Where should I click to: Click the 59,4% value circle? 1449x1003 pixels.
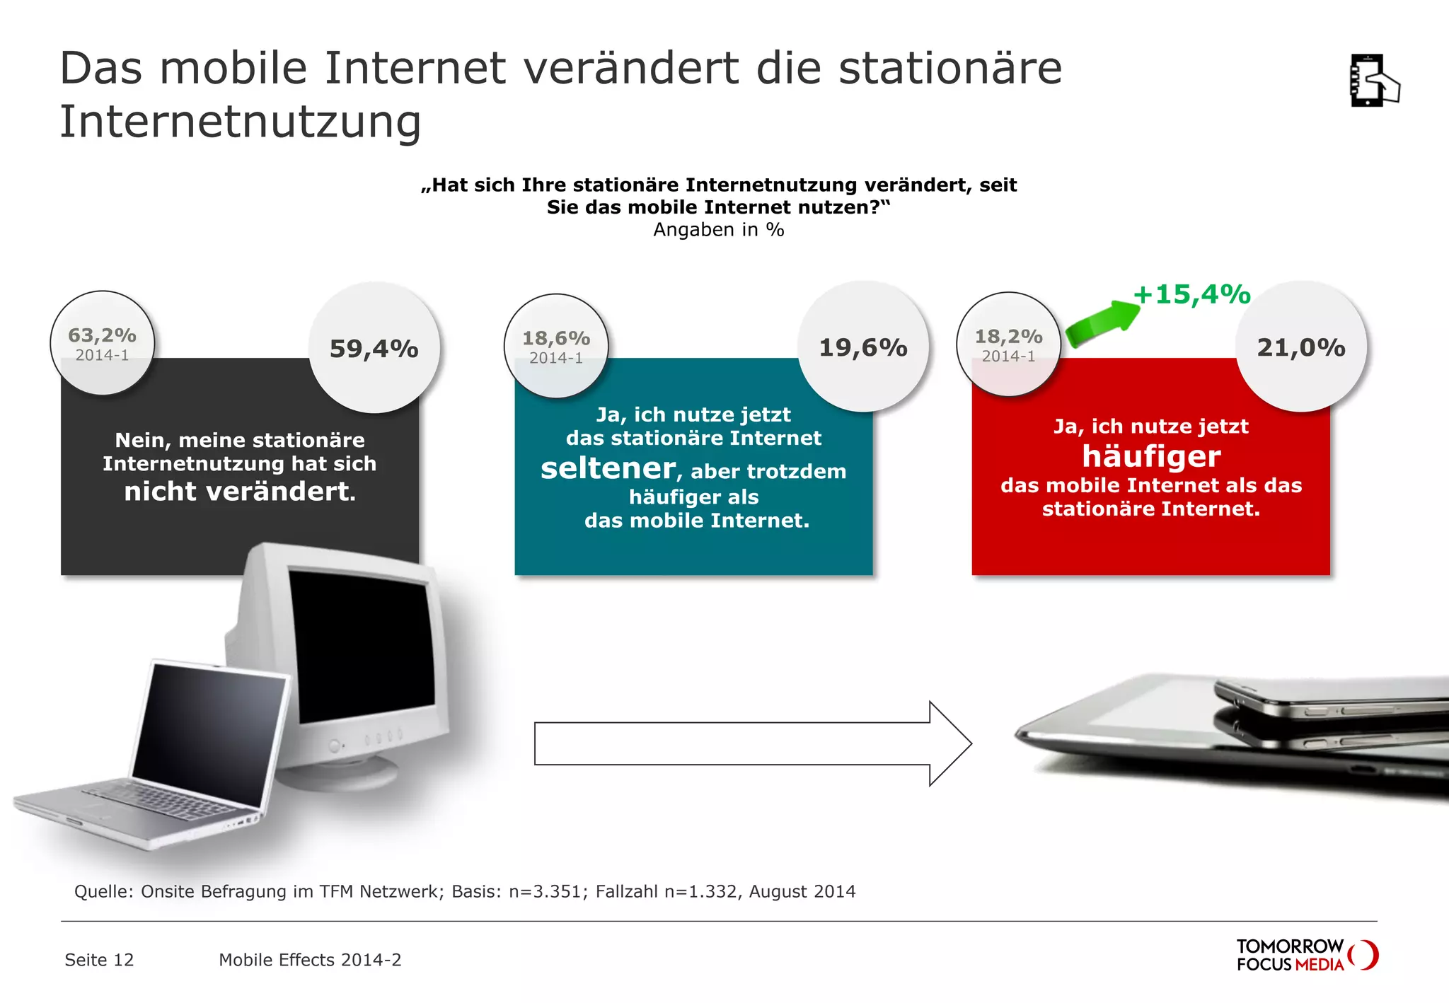(374, 348)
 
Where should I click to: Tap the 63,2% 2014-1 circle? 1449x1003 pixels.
(103, 343)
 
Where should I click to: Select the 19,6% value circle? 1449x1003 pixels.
(863, 347)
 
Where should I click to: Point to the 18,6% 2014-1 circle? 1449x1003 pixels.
(556, 346)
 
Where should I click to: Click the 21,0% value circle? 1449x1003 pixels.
(1301, 347)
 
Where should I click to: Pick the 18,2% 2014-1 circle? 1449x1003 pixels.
(1009, 344)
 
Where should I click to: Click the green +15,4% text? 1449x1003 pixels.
(1192, 294)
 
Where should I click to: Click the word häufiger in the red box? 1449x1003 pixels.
(1151, 456)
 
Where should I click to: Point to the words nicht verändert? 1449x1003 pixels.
(240, 492)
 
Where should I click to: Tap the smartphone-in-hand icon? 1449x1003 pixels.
(1373, 81)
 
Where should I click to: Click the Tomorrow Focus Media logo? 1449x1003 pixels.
(1306, 955)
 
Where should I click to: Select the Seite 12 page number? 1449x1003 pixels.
(99, 960)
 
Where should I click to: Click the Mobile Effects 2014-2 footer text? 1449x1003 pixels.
(310, 960)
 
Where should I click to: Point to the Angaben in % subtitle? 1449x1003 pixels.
(718, 230)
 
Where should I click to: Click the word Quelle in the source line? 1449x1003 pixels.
(103, 891)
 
